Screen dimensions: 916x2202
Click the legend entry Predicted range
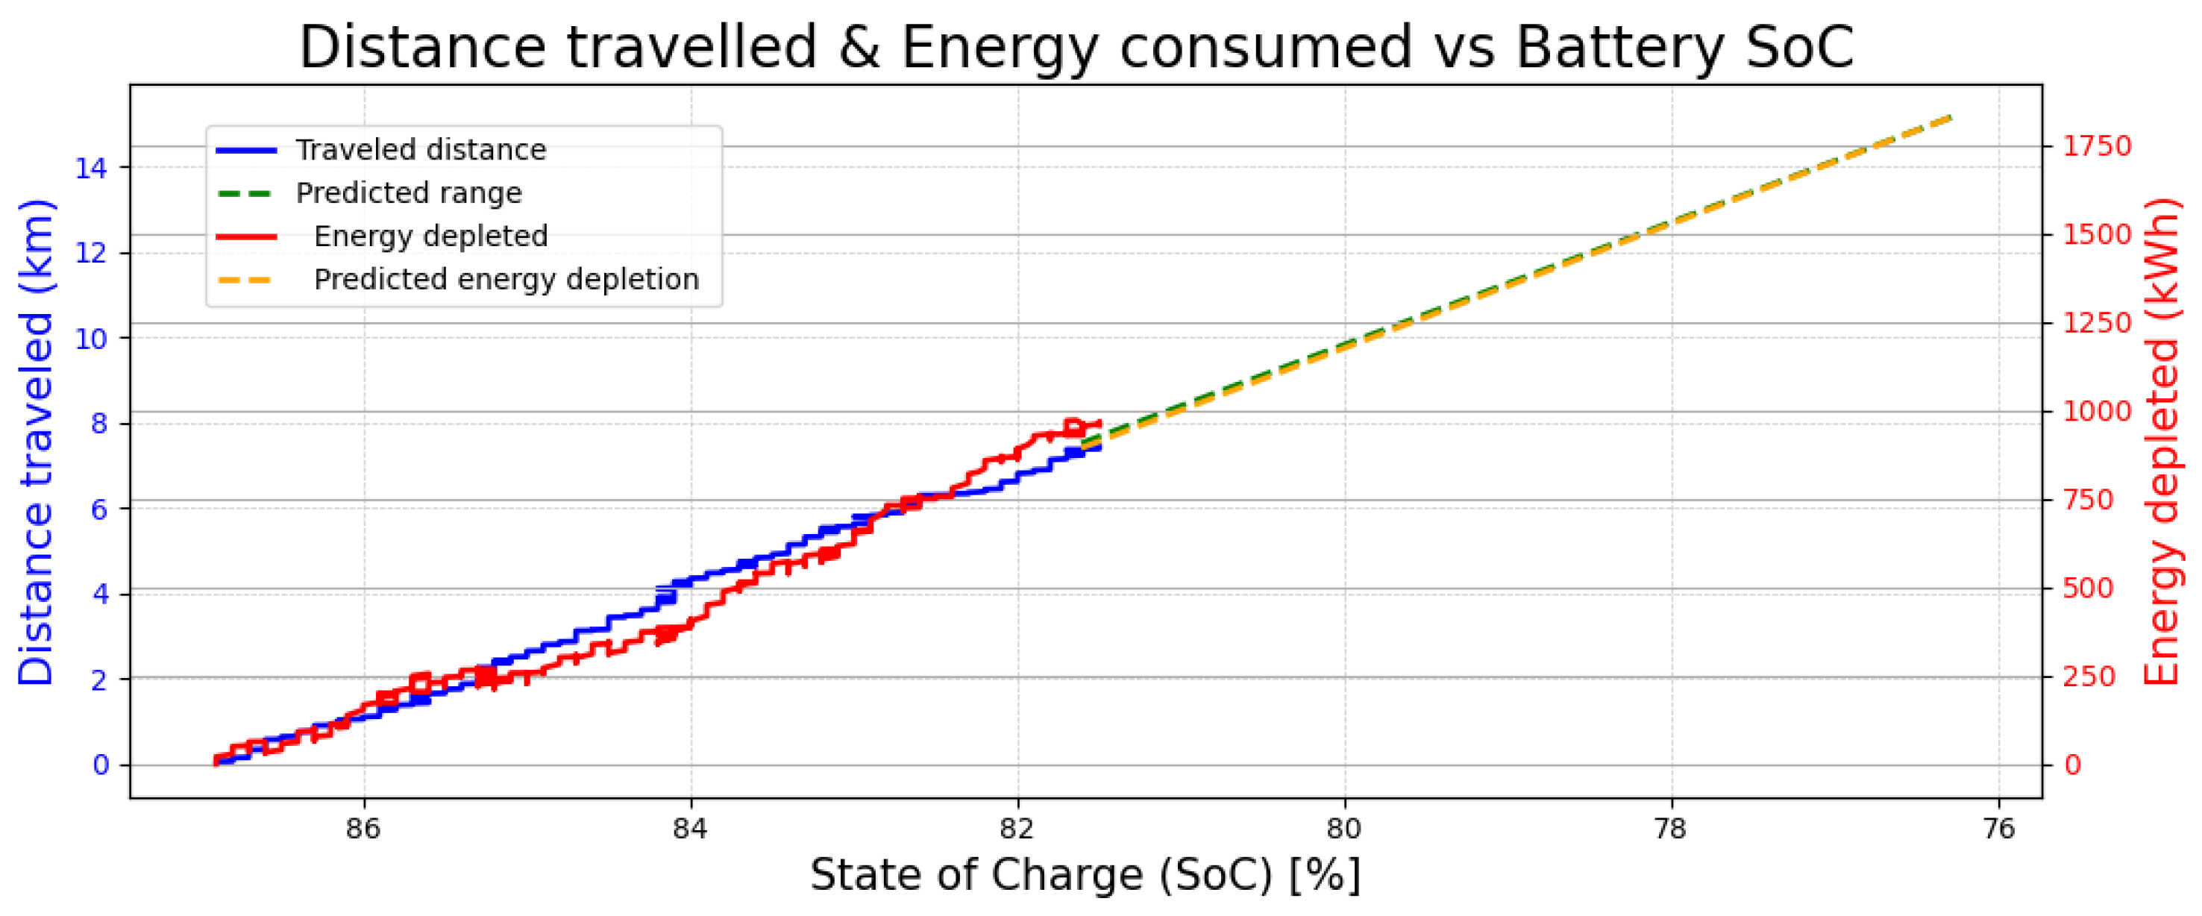(x=408, y=193)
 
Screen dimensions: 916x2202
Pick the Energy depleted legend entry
(x=430, y=236)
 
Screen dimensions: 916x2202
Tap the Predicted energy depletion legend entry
(x=506, y=280)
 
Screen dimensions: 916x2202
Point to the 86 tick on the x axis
(x=364, y=828)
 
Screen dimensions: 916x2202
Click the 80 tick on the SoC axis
(x=1345, y=828)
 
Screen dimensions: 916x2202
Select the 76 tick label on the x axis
(x=1998, y=828)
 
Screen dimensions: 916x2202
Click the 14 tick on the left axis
(x=90, y=169)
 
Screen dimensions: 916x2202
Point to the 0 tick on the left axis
(x=101, y=765)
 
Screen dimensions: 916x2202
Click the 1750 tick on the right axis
(x=2097, y=146)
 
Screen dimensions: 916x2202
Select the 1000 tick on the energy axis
(x=2097, y=411)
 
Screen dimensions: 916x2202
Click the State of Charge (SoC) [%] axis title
(x=1085, y=875)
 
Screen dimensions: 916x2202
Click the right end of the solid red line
(x=1100, y=423)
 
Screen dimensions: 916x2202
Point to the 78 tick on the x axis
(x=1671, y=828)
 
